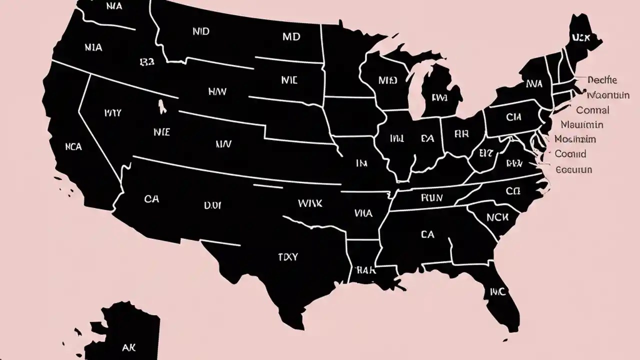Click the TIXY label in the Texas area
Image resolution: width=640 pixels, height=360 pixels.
click(x=287, y=257)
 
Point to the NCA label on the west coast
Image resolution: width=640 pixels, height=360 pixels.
click(x=73, y=147)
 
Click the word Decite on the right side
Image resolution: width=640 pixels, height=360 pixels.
click(x=602, y=80)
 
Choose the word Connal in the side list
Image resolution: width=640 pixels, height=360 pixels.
click(x=592, y=110)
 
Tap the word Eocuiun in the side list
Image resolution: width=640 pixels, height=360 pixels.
click(x=573, y=169)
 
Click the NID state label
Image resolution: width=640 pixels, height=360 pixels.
click(x=200, y=31)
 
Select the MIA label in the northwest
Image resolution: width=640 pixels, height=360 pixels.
click(x=93, y=47)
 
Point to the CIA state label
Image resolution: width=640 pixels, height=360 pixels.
click(x=513, y=117)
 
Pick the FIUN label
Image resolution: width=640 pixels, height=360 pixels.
click(x=431, y=198)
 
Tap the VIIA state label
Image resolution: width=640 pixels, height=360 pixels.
click(x=363, y=213)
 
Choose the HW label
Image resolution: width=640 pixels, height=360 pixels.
click(x=217, y=91)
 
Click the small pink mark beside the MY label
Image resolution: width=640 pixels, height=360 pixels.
click(x=161, y=105)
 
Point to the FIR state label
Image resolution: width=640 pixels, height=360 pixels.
click(x=460, y=134)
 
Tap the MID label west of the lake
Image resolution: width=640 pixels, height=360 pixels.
click(x=387, y=80)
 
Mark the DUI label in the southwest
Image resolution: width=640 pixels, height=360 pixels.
click(x=213, y=205)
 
